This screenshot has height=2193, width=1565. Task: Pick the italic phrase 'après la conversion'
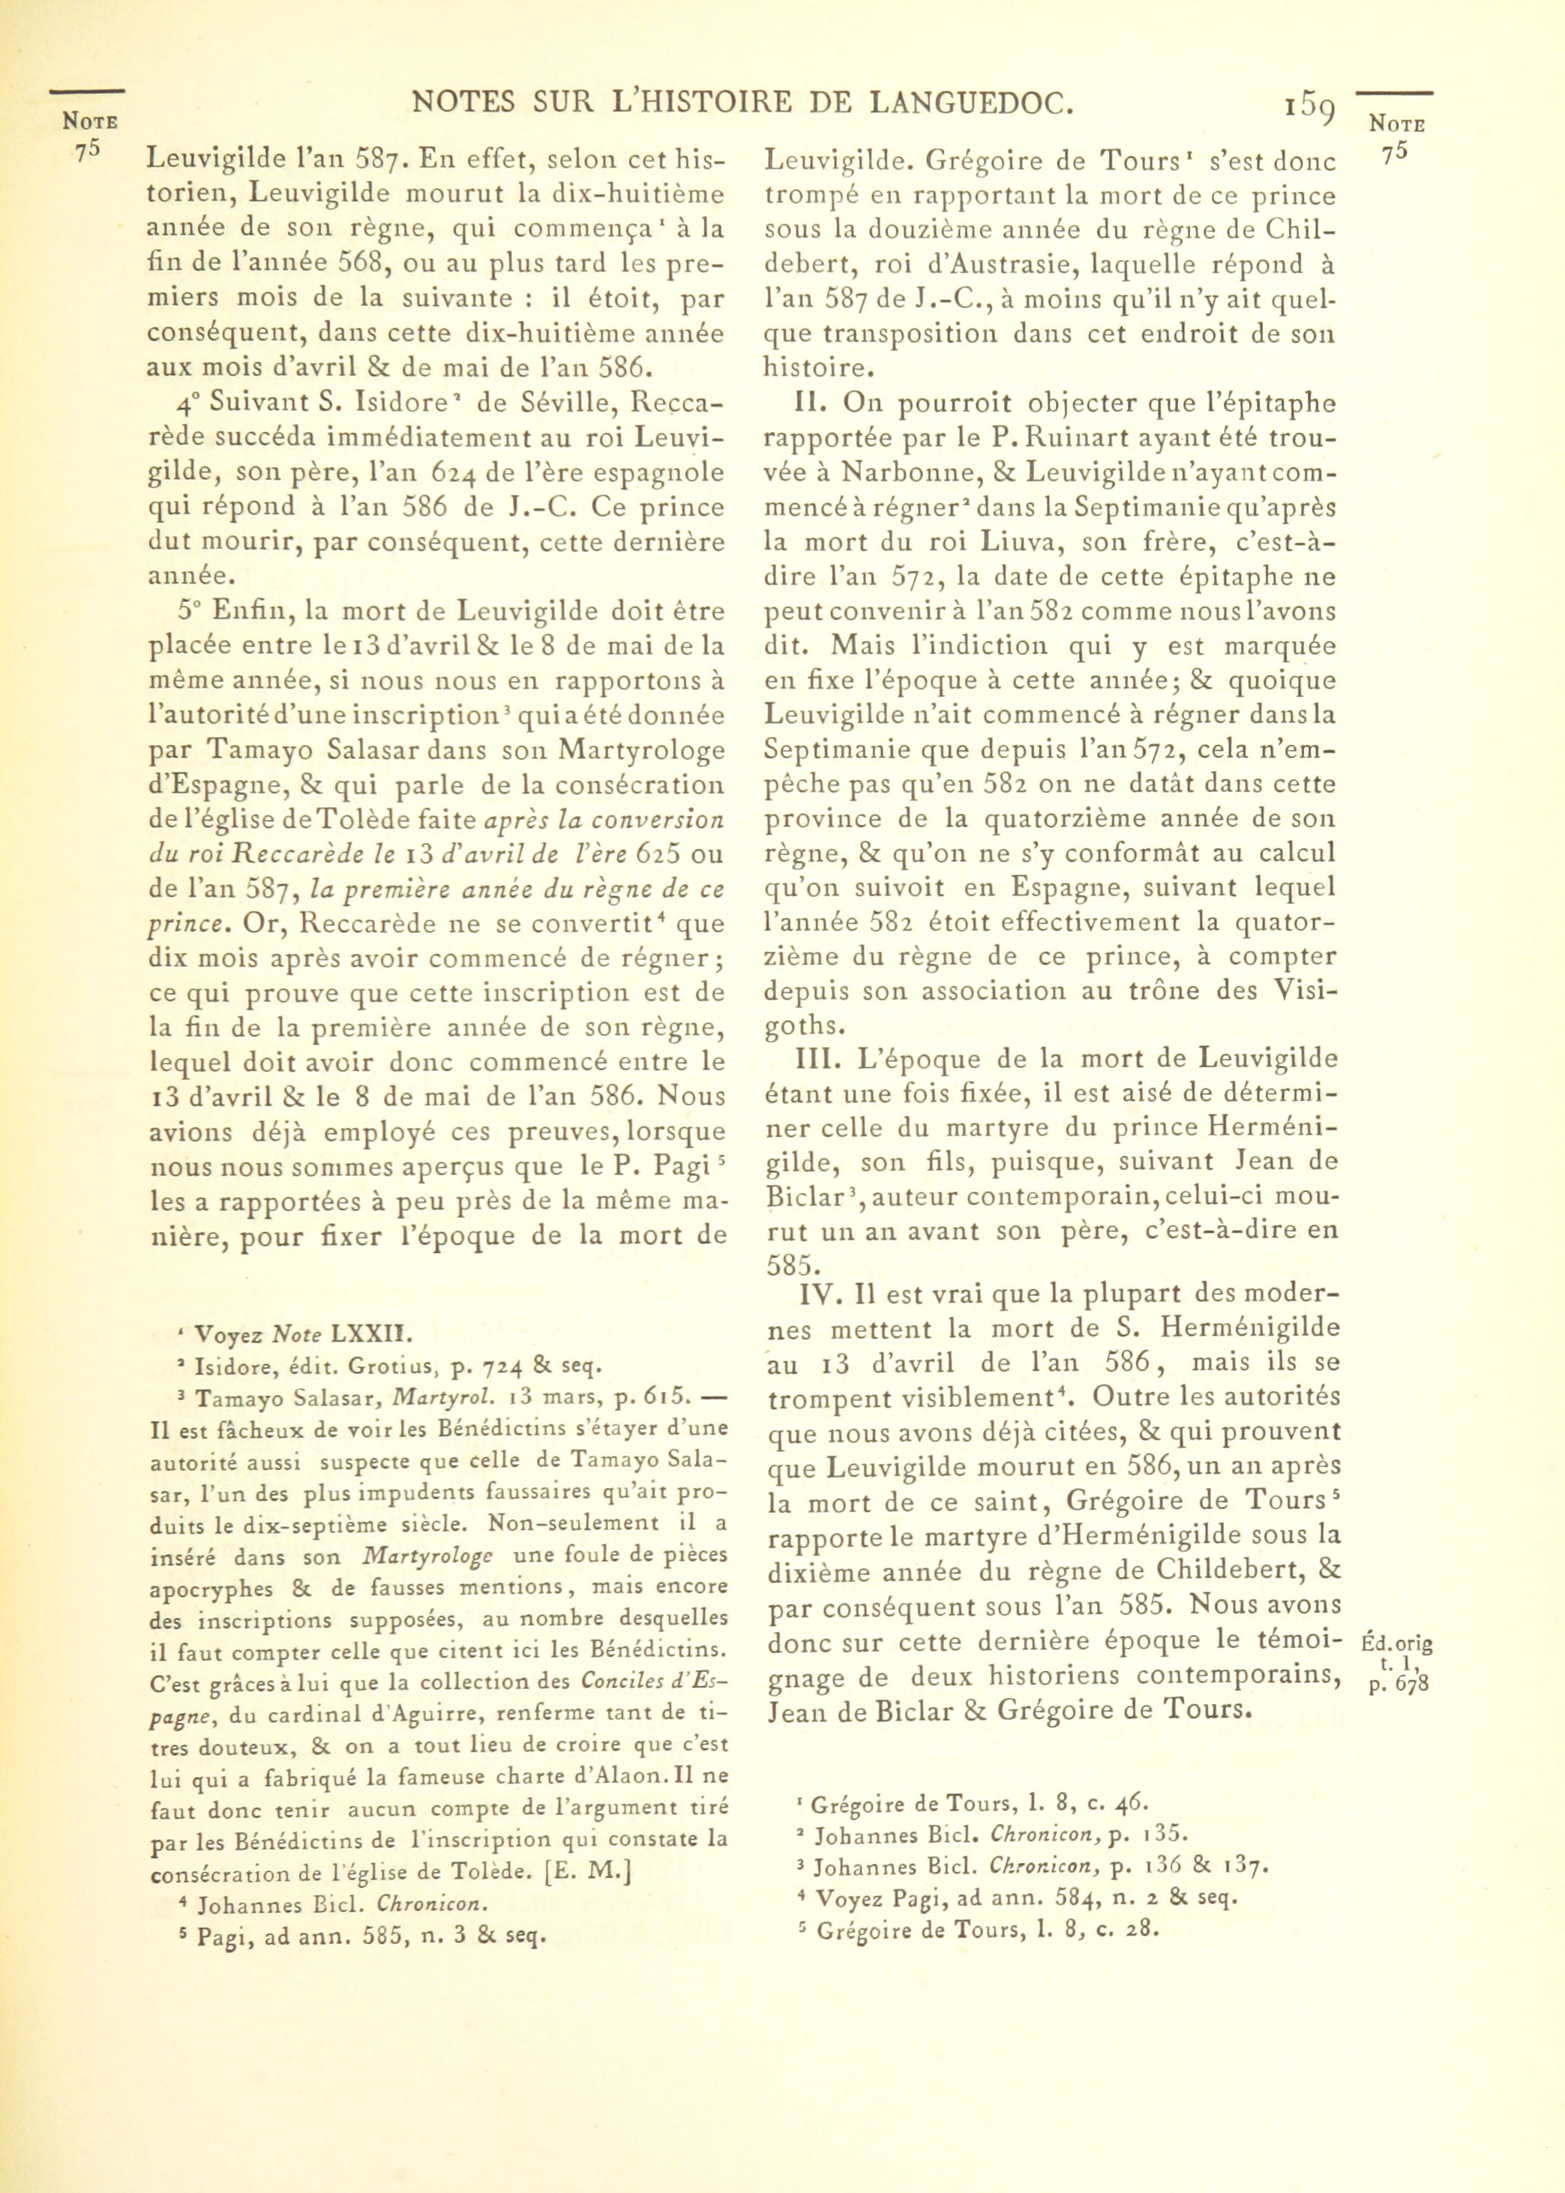coord(603,820)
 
